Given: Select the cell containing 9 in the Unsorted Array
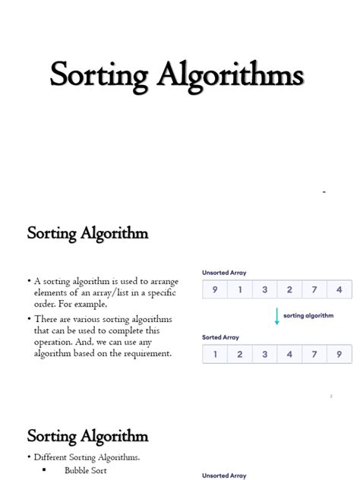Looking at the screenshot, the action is [x=215, y=289].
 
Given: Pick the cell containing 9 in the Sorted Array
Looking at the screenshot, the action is [x=339, y=353].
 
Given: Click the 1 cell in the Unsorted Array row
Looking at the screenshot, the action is [x=240, y=289].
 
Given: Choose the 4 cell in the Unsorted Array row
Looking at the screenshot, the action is [x=339, y=289].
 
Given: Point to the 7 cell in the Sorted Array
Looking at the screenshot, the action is [x=314, y=353].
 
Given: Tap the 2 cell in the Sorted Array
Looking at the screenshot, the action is [x=240, y=353].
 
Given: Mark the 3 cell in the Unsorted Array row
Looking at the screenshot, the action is [x=265, y=289].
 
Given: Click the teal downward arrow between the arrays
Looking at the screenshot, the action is [x=276, y=317].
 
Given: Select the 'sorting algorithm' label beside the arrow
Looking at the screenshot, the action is [x=308, y=315].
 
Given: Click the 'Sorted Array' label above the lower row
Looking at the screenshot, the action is [x=220, y=337].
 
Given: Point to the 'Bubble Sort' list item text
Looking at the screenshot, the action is [x=86, y=470].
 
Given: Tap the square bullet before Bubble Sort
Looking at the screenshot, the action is [x=44, y=470].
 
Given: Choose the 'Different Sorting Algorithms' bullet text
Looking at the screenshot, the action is [x=87, y=457].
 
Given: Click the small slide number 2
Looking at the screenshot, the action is [x=332, y=396].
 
